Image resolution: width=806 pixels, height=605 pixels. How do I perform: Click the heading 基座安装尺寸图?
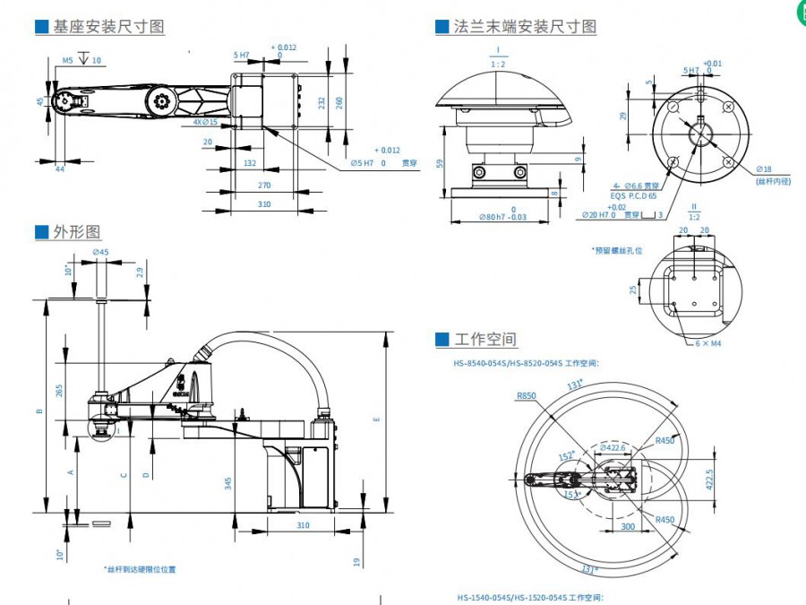click(x=108, y=26)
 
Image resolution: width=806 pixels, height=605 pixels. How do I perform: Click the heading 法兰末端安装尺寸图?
click(x=525, y=26)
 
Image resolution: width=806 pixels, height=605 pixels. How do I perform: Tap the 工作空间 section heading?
click(x=485, y=340)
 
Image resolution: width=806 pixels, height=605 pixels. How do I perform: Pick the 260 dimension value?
click(x=339, y=102)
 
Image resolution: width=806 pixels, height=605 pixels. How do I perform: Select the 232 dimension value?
click(x=321, y=102)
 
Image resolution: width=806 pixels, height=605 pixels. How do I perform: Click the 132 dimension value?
click(x=250, y=163)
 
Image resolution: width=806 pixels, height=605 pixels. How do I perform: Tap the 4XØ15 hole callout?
click(x=206, y=121)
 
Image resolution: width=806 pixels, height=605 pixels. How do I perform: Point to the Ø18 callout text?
click(x=763, y=169)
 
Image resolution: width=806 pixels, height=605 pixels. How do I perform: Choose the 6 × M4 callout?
click(x=709, y=343)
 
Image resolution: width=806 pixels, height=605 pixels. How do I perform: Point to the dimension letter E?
click(x=375, y=419)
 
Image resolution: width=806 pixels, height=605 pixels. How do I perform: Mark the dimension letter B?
click(x=38, y=411)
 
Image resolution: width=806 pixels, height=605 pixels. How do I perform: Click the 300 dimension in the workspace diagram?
click(x=628, y=526)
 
